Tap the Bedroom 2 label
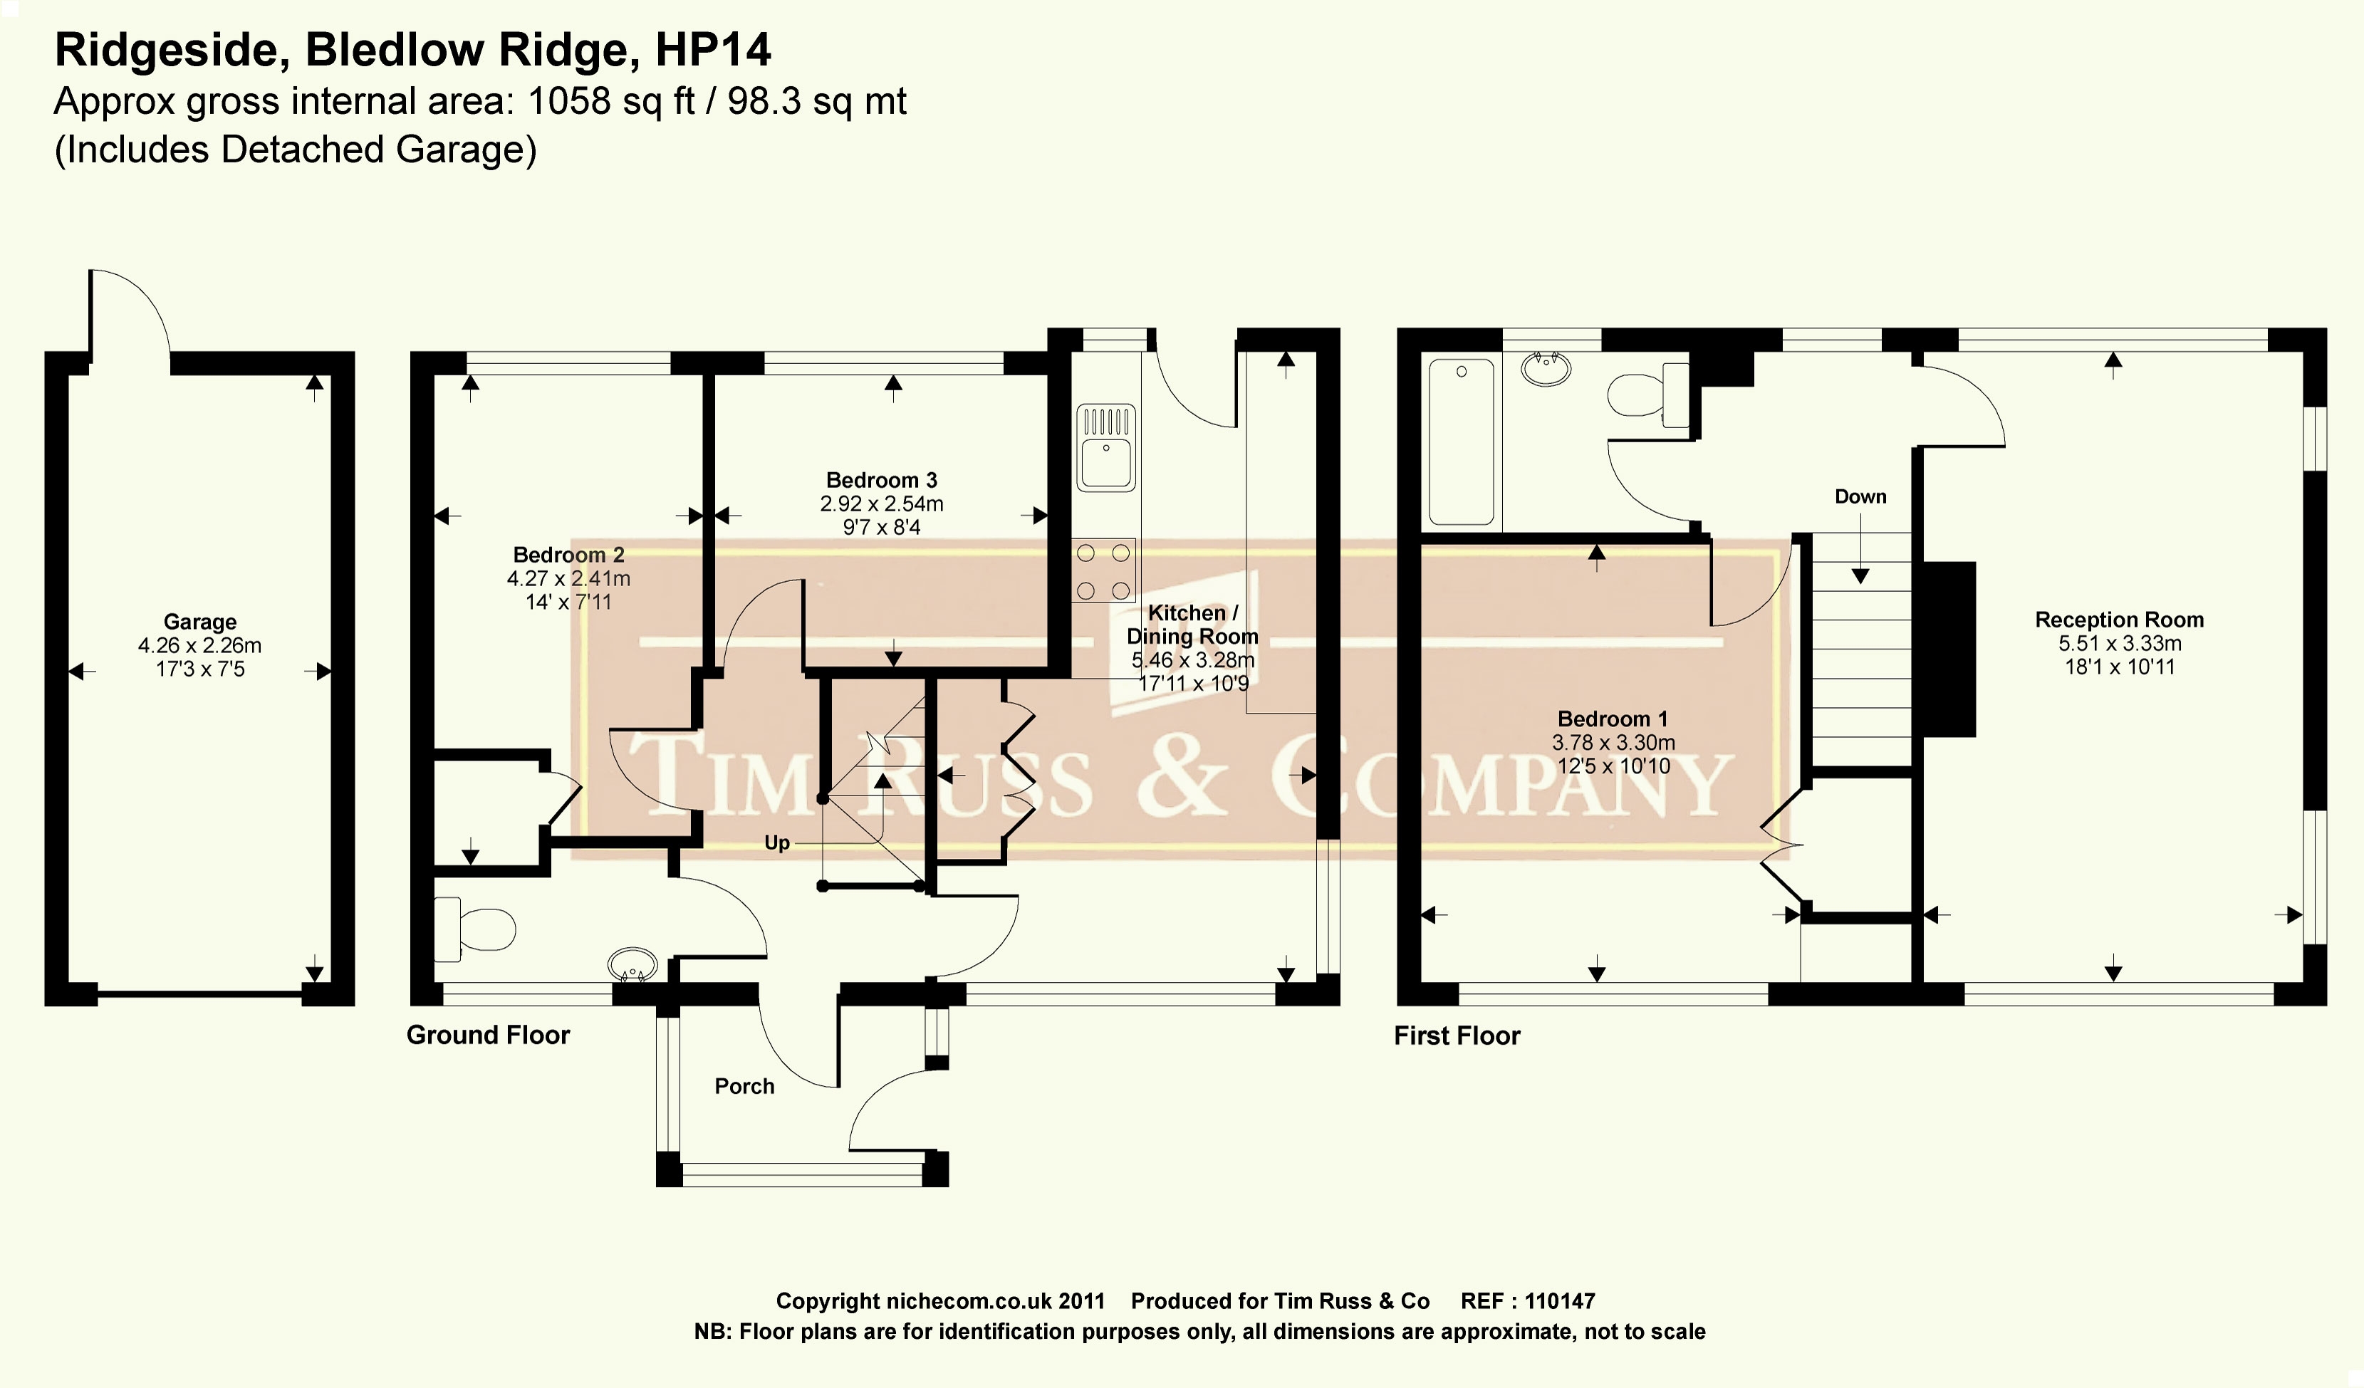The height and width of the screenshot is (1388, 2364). click(x=568, y=554)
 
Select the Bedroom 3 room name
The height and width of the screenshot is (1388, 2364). click(x=881, y=480)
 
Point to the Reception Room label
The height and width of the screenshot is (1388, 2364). click(x=2118, y=620)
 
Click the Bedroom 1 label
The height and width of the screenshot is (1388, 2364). click(x=1612, y=719)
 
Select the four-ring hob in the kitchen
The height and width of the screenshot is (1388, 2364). click(x=1103, y=570)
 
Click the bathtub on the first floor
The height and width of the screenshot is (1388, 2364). click(x=1461, y=442)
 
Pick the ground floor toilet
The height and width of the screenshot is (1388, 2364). click(x=477, y=929)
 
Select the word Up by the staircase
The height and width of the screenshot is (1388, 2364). click(x=777, y=843)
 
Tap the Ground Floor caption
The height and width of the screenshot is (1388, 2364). click(x=488, y=1035)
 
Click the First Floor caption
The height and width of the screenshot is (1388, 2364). click(x=1456, y=1035)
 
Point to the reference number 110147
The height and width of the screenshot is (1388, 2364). click(x=1559, y=1301)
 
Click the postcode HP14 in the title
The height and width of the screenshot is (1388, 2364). click(x=713, y=50)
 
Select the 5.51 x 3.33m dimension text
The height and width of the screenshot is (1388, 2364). click(x=2119, y=643)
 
